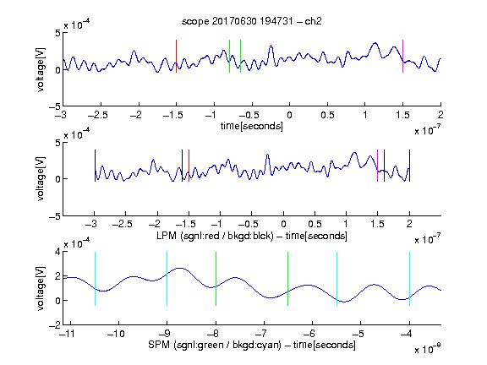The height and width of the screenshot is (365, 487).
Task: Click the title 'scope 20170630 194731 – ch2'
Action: point(252,21)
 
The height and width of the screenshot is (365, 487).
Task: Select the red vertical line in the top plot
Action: point(176,56)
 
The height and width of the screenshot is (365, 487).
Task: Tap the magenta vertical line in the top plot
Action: point(402,56)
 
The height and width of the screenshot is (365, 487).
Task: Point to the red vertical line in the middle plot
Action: point(189,166)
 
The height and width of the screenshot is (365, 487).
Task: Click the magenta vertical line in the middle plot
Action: point(377,166)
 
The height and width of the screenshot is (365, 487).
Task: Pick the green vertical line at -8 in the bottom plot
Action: point(216,279)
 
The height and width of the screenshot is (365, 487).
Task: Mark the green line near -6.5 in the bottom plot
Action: point(288,279)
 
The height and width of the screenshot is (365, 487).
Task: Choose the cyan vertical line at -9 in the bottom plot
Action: point(167,279)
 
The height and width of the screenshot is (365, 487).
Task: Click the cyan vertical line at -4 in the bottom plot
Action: point(410,279)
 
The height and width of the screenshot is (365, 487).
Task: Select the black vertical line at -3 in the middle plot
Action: point(95,166)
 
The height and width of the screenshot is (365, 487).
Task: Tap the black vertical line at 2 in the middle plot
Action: point(410,166)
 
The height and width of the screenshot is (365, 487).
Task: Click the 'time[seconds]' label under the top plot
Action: point(252,126)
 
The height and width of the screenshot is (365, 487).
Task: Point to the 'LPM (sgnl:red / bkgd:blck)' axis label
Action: point(215,236)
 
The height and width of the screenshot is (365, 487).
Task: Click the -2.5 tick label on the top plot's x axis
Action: point(98,115)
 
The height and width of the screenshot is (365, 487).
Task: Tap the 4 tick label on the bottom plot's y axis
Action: point(57,252)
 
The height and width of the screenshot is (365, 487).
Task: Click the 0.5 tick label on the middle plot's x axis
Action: point(315,224)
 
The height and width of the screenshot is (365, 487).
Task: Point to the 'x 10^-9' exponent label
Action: point(428,349)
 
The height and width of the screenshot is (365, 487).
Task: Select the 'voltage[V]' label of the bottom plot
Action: point(41,288)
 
